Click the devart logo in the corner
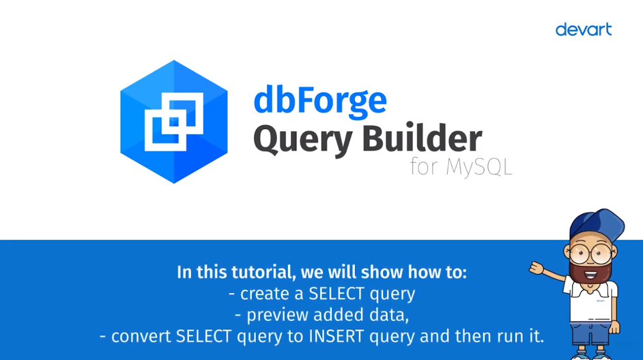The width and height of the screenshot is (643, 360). pyautogui.click(x=583, y=30)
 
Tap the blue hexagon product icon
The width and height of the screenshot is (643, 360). pyautogui.click(x=174, y=122)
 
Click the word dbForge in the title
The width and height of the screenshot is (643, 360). pyautogui.click(x=320, y=100)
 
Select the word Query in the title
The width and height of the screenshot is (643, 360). pyautogui.click(x=303, y=139)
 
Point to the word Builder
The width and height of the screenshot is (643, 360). pyautogui.click(x=422, y=138)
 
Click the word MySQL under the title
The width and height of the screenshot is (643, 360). pyautogui.click(x=479, y=167)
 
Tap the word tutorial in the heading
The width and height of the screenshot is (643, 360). pyautogui.click(x=263, y=273)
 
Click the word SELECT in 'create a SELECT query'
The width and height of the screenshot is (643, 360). pyautogui.click(x=336, y=294)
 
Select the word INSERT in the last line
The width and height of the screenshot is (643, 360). pyautogui.click(x=336, y=336)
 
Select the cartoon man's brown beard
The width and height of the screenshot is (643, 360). pyautogui.click(x=590, y=271)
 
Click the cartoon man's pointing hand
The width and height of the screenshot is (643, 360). pyautogui.click(x=536, y=268)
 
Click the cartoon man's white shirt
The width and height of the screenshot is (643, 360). pyautogui.click(x=591, y=301)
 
